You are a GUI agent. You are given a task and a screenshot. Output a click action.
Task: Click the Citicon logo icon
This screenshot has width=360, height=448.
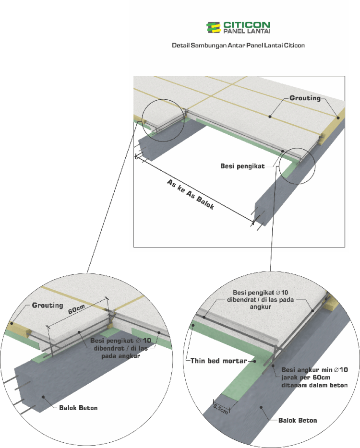(x=213, y=28)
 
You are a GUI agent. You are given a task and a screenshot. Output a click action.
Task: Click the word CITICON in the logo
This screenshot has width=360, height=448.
(x=247, y=25)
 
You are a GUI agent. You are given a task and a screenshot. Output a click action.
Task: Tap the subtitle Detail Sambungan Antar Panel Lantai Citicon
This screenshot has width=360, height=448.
(x=238, y=45)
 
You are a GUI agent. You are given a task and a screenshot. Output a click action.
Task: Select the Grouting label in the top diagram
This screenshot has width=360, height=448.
(x=305, y=98)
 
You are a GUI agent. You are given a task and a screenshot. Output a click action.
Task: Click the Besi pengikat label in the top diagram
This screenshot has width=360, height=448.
(x=242, y=166)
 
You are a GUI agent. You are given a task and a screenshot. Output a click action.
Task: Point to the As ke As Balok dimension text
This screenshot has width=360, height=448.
(x=191, y=195)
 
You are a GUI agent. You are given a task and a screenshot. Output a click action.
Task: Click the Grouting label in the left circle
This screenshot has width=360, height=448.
(x=48, y=305)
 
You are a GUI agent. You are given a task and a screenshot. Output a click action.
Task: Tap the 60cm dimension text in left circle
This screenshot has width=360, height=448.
(x=76, y=309)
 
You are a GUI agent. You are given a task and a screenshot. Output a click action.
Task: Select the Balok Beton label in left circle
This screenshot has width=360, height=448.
(x=78, y=408)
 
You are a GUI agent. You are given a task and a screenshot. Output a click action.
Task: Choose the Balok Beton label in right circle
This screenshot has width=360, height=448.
(x=298, y=420)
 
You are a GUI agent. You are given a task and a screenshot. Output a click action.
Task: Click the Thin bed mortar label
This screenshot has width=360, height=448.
(x=219, y=361)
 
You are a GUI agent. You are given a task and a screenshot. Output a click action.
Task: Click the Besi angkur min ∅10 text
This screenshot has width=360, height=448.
(x=314, y=370)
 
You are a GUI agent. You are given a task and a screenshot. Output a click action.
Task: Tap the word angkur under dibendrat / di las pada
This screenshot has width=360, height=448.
(x=260, y=307)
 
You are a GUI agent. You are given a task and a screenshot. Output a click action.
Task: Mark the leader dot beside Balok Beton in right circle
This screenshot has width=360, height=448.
(x=261, y=407)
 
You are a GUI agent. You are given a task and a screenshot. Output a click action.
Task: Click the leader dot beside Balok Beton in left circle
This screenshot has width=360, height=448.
(x=43, y=397)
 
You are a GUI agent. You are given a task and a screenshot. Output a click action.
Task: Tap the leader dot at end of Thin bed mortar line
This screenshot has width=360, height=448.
(x=254, y=361)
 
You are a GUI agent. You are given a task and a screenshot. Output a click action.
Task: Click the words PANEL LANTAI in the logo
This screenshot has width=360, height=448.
(x=247, y=31)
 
